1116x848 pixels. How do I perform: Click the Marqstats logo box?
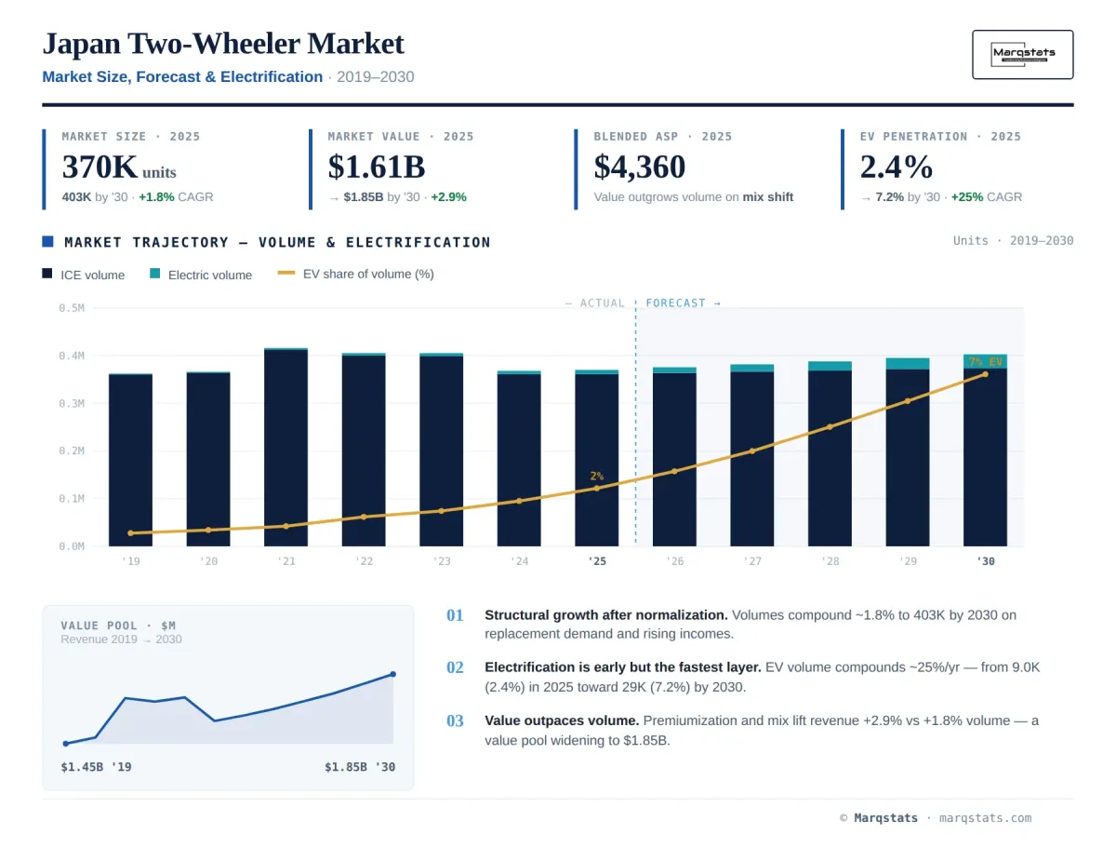[x=1022, y=54]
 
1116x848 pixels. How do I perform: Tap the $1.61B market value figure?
[x=377, y=167]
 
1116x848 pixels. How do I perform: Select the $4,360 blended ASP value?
[x=640, y=167]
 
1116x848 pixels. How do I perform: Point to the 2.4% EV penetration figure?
[x=896, y=167]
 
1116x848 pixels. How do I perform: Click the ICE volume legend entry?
[x=84, y=275]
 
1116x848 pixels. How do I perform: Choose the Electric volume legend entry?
[x=201, y=275]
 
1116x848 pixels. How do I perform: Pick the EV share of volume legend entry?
[x=355, y=274]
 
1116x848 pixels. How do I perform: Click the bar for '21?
[x=286, y=447]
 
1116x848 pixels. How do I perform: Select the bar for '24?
[x=519, y=458]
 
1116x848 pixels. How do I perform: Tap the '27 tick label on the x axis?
[x=752, y=560]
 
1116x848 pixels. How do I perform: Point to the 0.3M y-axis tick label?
[x=72, y=403]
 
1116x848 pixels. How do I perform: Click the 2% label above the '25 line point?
[x=596, y=476]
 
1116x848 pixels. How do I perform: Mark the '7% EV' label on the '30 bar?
[x=985, y=362]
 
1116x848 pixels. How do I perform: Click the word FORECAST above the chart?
[x=675, y=303]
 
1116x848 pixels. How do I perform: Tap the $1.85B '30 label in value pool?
[x=360, y=767]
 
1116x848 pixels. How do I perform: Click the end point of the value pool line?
[x=392, y=674]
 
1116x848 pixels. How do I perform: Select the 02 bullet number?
[x=455, y=666]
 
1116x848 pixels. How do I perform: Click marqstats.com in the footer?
[x=985, y=817]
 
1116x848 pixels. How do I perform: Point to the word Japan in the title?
[x=82, y=45]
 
